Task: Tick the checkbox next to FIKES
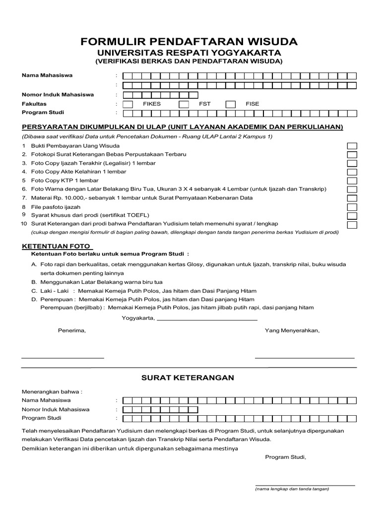[127, 104]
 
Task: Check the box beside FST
[184, 104]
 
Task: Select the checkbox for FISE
[230, 104]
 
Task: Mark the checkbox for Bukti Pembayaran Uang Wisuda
[352, 146]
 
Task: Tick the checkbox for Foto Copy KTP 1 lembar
[352, 181]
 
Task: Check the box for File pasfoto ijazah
[352, 207]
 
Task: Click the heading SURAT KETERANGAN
[188, 378]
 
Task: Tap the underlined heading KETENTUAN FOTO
[57, 246]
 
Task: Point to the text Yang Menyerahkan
[292, 330]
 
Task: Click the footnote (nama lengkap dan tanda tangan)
[292, 489]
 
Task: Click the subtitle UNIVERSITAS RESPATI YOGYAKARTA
[189, 53]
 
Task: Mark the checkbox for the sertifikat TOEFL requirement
[352, 215]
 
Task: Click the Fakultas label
[34, 104]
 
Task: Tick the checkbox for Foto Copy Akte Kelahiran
[352, 172]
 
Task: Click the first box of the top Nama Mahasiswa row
[127, 76]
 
